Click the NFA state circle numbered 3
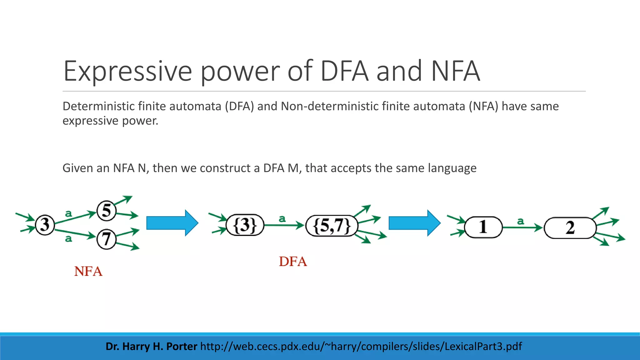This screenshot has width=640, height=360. pyautogui.click(x=45, y=225)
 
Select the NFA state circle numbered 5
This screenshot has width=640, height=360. pyautogui.click(x=106, y=210)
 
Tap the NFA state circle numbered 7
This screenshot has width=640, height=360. pyautogui.click(x=106, y=239)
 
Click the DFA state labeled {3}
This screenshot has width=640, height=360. pyautogui.click(x=245, y=225)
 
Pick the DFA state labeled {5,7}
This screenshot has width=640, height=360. pyautogui.click(x=332, y=226)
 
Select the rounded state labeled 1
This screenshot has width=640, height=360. pyautogui.click(x=483, y=227)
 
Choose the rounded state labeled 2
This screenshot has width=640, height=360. pyautogui.click(x=570, y=228)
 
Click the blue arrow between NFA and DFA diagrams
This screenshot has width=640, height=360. pyautogui.click(x=172, y=223)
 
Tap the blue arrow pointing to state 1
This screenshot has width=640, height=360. pyautogui.click(x=414, y=223)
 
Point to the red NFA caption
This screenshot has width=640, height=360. pyautogui.click(x=88, y=271)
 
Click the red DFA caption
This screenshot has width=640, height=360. pyautogui.click(x=293, y=262)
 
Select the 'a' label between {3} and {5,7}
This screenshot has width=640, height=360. pyautogui.click(x=282, y=219)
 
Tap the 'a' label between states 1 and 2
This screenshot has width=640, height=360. pyautogui.click(x=520, y=221)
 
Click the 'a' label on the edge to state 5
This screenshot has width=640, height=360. pyautogui.click(x=68, y=214)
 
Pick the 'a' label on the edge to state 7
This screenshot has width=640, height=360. pyautogui.click(x=68, y=239)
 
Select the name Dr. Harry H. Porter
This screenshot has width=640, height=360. pyautogui.click(x=151, y=346)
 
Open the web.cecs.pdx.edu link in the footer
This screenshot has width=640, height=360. pyautogui.click(x=361, y=346)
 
